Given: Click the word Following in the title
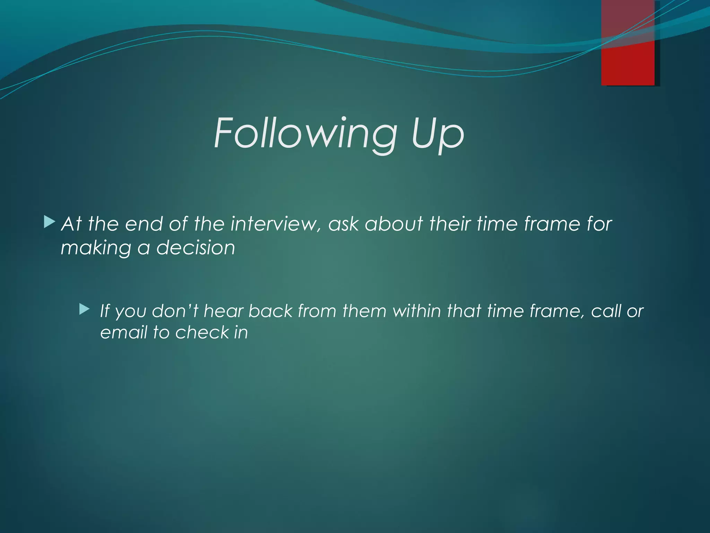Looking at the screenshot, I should tap(305, 134).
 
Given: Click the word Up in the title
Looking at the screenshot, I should tap(438, 134).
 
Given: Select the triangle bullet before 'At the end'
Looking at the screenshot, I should tap(50, 222).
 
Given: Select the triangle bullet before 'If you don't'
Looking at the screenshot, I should tap(84, 309).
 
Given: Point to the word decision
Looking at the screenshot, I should tap(196, 248).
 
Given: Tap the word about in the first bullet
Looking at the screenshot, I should tap(394, 224).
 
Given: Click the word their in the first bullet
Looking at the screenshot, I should tap(450, 224).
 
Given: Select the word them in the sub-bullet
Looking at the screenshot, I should tap(364, 311).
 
